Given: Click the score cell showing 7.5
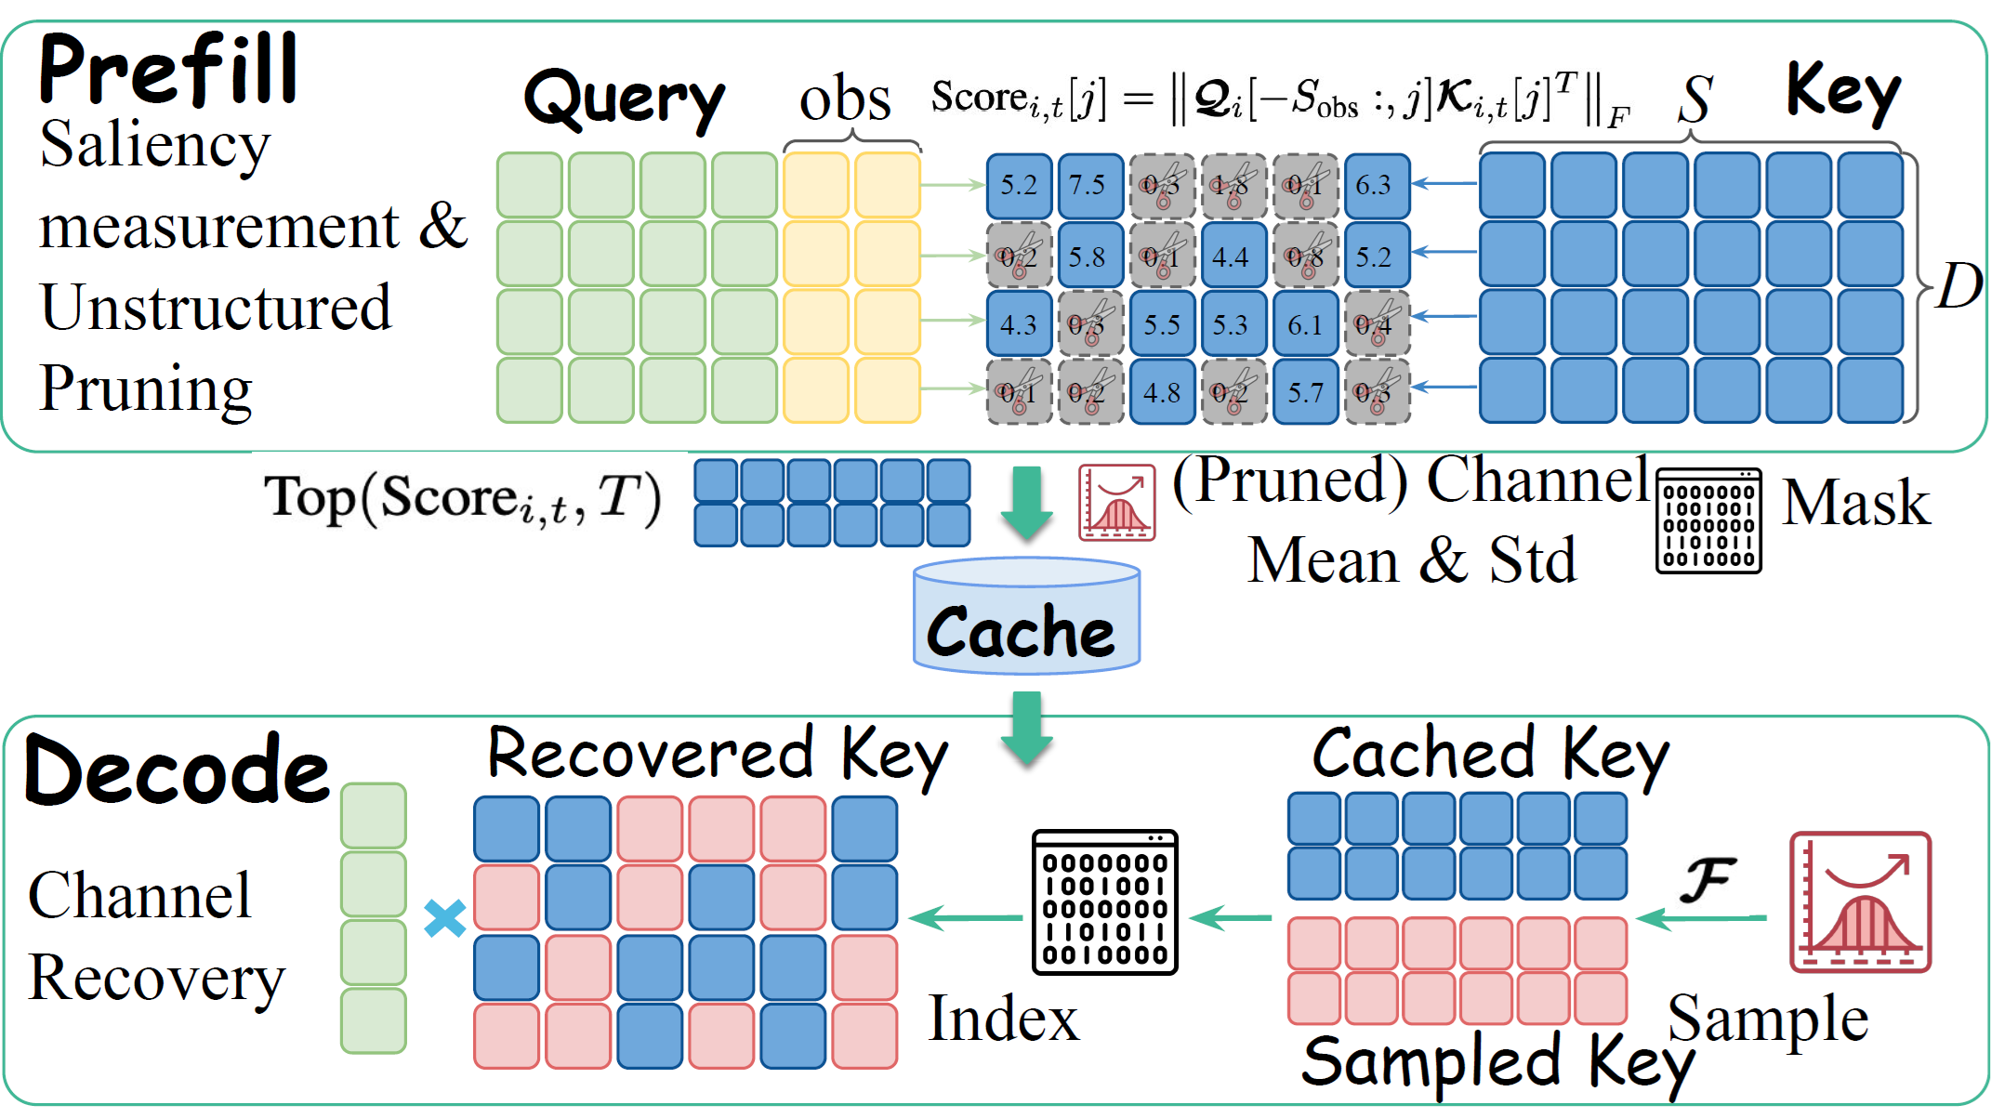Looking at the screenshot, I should point(1090,186).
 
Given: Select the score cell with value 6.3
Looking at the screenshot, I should point(1377,186).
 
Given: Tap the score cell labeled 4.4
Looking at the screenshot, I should point(1233,255).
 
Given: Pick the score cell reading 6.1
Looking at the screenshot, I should point(1305,323).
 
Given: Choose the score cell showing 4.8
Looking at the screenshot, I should point(1162,392).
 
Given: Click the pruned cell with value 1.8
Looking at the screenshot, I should point(1233,186).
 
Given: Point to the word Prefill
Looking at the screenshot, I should point(167,70).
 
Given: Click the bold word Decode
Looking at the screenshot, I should point(177,771).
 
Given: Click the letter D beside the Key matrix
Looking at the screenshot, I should point(1958,286).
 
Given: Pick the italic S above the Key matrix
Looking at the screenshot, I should point(1694,99).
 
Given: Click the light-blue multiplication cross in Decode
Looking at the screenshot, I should point(444,918).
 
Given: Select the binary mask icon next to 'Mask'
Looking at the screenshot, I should point(1708,520).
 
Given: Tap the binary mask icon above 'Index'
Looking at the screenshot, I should point(1104,902).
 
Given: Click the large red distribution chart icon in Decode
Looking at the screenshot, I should point(1860,902).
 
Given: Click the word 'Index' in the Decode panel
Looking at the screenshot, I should point(1004,1019).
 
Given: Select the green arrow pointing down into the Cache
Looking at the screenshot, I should point(1026,503).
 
